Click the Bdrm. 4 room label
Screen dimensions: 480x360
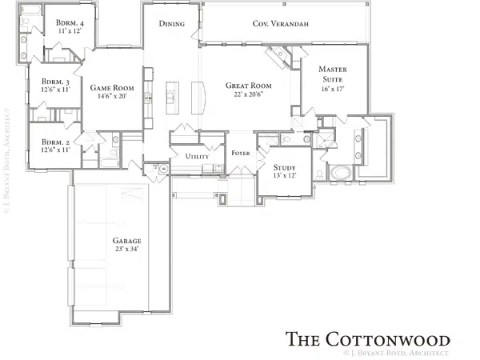70,23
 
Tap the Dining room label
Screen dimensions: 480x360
172,23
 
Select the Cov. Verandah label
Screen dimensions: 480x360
281,23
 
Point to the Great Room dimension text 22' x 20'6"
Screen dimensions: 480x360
249,94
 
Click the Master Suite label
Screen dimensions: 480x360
333,74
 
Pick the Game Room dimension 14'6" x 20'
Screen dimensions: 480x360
112,96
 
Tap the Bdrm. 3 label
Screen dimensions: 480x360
55,82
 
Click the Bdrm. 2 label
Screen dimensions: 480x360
55,142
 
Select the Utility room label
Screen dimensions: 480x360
197,157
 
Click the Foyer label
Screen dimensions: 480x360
241,153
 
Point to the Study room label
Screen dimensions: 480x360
284,167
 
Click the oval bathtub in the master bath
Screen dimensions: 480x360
341,173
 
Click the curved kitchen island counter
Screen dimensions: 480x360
198,98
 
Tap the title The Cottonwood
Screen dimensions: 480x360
367,339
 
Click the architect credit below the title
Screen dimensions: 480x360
396,353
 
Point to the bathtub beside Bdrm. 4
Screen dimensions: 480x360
31,10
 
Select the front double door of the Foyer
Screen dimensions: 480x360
242,171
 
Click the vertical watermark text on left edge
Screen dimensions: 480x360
6,161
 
